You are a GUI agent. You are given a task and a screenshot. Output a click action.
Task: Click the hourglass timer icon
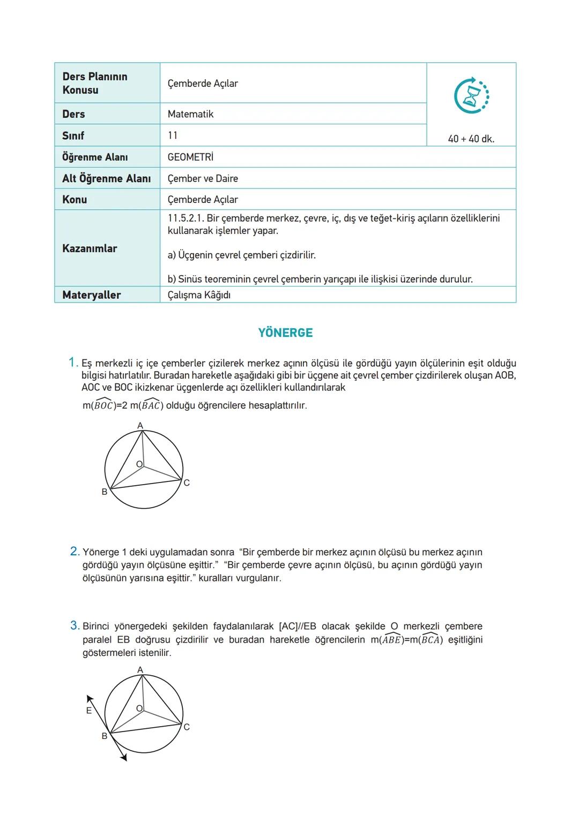471,96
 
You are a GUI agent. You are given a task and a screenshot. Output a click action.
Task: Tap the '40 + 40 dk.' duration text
471,139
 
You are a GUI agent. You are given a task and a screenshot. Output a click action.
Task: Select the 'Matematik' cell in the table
190,114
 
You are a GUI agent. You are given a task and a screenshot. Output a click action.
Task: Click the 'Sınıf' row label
73,135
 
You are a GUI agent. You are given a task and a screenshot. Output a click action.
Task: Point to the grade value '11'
173,135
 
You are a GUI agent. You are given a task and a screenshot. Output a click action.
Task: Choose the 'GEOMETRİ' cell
190,157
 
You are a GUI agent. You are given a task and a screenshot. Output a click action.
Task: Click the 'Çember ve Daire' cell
203,178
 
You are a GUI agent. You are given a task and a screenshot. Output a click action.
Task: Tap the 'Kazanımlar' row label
90,248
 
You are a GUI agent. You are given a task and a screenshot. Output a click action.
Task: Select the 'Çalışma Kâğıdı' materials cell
199,295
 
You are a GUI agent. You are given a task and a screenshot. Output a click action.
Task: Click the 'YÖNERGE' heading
285,333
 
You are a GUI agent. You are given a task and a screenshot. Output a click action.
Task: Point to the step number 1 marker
73,363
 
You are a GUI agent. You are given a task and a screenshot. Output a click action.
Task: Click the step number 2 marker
75,551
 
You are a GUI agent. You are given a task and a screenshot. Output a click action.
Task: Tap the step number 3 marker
75,625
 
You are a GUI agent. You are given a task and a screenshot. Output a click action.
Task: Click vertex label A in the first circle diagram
140,426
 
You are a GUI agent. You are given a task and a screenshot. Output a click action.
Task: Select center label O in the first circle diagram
139,464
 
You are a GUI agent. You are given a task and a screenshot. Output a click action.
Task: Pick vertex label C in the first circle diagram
187,483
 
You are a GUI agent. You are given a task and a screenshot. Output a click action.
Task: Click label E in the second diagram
89,711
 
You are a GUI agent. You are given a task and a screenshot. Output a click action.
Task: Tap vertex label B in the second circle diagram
105,736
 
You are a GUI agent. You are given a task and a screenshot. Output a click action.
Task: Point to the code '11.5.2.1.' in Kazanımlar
185,218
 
